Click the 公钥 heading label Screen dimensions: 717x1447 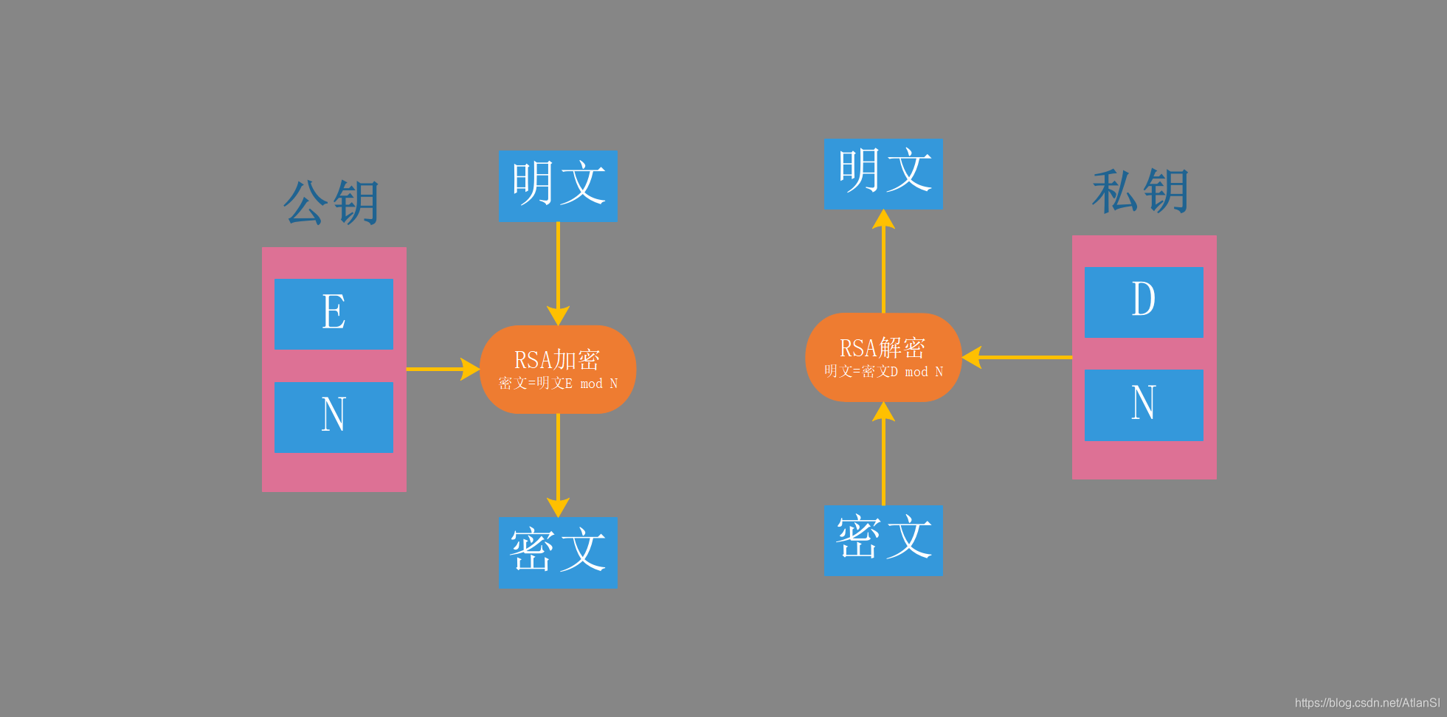(x=331, y=202)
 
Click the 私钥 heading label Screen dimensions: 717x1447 (x=1141, y=191)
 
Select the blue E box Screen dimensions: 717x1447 (x=334, y=314)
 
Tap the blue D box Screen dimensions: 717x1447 (x=1144, y=302)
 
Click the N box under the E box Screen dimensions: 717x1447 (x=334, y=417)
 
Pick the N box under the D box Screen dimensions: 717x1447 (x=1144, y=405)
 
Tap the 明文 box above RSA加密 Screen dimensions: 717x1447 (x=558, y=186)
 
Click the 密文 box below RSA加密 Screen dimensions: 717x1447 (x=558, y=553)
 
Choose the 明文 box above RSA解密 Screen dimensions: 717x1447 (x=883, y=173)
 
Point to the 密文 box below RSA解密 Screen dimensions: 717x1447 (x=883, y=541)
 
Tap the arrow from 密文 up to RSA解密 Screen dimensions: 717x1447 (x=883, y=454)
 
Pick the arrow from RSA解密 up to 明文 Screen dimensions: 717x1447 (x=883, y=262)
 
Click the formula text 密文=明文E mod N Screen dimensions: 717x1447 (x=558, y=384)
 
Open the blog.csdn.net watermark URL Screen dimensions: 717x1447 (x=1367, y=703)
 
